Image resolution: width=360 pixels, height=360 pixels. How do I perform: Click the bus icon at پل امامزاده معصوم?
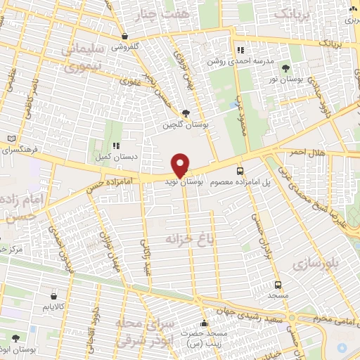pos(240,171)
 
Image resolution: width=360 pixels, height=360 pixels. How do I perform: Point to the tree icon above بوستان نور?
pos(285,68)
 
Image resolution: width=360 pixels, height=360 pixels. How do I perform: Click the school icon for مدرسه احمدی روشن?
pos(240,51)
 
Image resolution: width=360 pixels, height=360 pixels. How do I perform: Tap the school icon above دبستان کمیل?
pos(117,145)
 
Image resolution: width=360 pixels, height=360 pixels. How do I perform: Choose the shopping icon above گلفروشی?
pos(124,37)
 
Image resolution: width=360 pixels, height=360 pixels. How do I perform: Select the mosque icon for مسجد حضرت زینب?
pos(205,324)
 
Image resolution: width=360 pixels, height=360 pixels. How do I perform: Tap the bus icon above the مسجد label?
pos(278,285)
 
